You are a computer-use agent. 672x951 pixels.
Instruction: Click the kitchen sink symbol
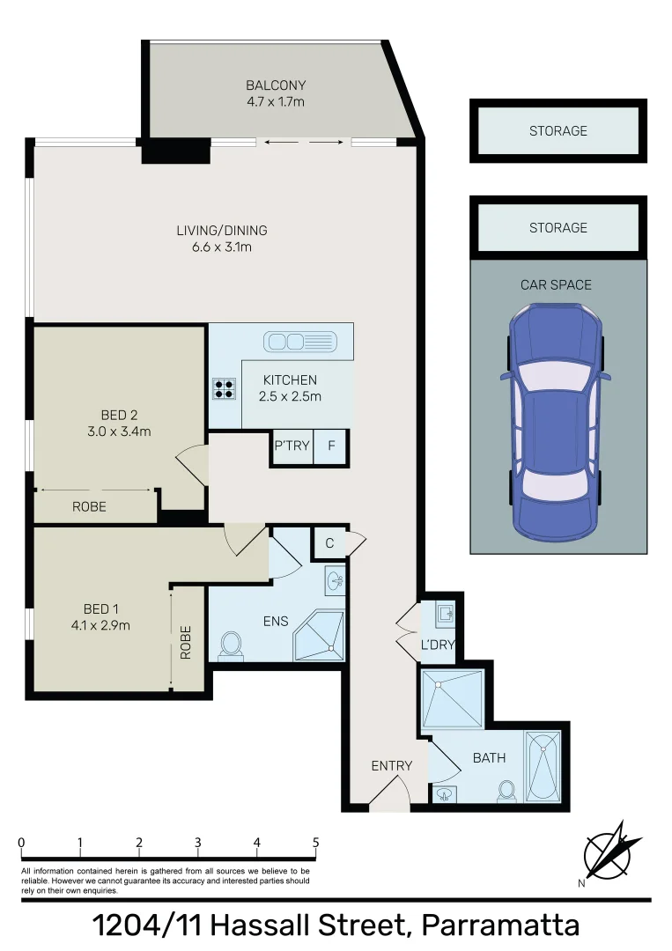point(299,342)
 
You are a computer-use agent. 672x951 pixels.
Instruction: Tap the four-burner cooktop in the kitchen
point(224,388)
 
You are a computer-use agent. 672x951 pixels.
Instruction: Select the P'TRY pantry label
point(292,446)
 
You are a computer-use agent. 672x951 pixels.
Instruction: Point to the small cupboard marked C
point(329,542)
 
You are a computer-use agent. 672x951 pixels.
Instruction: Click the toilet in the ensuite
point(231,645)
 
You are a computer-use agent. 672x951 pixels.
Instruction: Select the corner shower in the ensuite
point(319,636)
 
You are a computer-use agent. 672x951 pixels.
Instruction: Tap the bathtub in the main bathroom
point(543,767)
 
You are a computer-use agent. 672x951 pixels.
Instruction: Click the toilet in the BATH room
point(506,792)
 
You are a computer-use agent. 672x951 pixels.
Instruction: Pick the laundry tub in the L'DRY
point(446,614)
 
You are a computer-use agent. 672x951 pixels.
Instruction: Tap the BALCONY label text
point(276,85)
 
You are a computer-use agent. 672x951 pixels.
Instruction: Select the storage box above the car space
point(558,227)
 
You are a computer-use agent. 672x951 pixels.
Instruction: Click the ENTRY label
point(392,766)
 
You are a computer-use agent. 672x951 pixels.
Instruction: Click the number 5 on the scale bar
point(315,843)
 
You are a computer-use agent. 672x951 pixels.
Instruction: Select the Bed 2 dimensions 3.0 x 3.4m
point(120,431)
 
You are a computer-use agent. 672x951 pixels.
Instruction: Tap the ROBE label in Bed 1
point(186,642)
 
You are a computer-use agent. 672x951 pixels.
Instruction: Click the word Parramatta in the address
point(500,925)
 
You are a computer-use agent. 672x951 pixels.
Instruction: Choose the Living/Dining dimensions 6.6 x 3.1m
point(222,247)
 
